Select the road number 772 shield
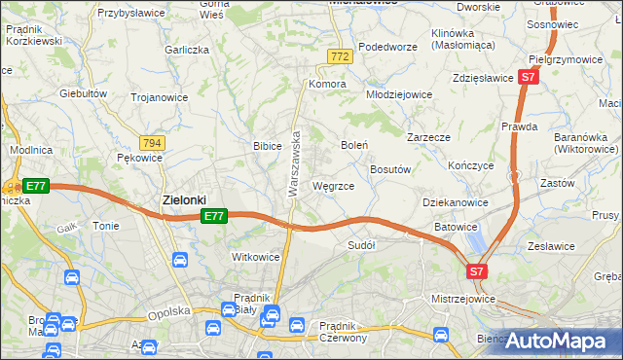(339, 58)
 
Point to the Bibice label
(268, 146)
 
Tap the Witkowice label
(255, 257)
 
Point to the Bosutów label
(392, 168)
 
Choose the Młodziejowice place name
(398, 94)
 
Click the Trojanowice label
(159, 97)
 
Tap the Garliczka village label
(187, 50)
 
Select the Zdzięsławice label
(483, 78)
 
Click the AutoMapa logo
(557, 342)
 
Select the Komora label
(328, 84)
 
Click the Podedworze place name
(387, 47)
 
